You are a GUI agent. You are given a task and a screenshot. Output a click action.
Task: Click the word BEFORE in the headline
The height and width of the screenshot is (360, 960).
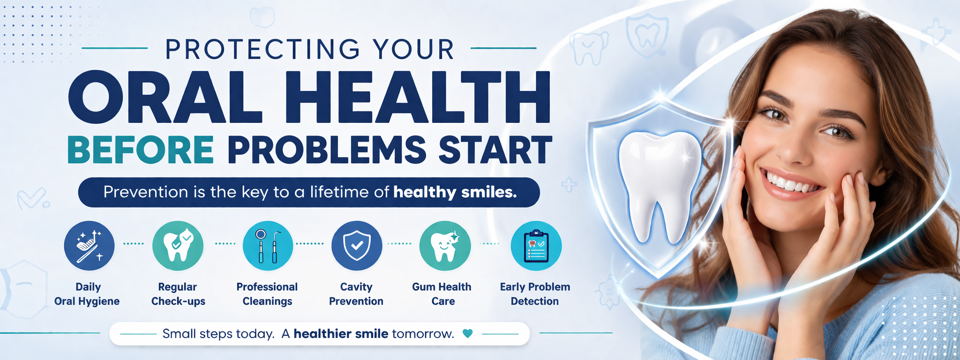141,150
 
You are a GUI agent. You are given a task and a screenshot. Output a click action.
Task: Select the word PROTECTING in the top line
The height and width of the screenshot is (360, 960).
263,49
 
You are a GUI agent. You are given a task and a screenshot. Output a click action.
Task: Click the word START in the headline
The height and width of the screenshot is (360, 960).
495,150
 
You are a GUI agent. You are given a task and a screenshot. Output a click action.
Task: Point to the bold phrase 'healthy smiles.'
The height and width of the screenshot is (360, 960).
455,192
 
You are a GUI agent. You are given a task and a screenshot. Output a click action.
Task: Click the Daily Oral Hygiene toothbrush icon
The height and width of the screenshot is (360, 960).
89,246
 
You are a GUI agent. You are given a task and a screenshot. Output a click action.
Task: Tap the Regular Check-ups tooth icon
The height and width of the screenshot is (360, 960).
178,246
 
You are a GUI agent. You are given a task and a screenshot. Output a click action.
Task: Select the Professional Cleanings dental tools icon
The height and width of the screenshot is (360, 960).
268,246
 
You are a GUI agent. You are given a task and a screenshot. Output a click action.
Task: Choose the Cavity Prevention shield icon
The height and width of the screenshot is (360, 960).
357,246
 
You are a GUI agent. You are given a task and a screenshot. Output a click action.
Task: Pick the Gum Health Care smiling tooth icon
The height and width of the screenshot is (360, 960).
445,246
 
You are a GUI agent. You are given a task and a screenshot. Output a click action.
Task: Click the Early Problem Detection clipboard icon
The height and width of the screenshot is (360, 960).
536,246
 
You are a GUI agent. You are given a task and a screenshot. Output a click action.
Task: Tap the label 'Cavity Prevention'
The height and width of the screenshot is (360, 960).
356,294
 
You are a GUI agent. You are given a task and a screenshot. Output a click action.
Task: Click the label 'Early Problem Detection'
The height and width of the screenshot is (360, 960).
535,294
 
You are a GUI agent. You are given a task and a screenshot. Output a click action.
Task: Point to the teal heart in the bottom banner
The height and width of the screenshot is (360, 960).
467,334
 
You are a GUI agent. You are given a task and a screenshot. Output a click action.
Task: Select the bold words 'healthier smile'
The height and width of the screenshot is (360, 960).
341,334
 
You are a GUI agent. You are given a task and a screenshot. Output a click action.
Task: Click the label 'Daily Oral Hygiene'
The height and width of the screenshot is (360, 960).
87,294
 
